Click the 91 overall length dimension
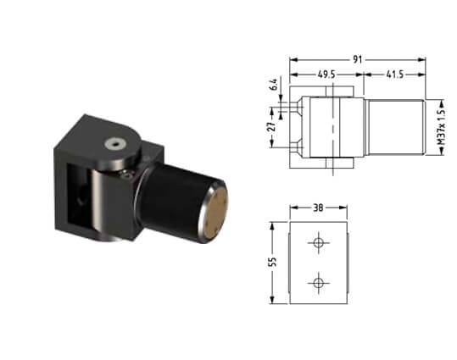click(x=358, y=59)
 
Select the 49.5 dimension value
click(x=326, y=75)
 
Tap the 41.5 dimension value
click(x=395, y=75)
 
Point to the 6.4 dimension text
click(x=274, y=85)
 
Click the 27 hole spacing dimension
click(x=272, y=127)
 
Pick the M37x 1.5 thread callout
click(x=442, y=127)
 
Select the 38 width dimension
click(x=318, y=208)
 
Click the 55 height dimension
click(x=272, y=262)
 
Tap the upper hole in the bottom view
click(x=319, y=242)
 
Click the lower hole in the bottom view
click(x=319, y=283)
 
